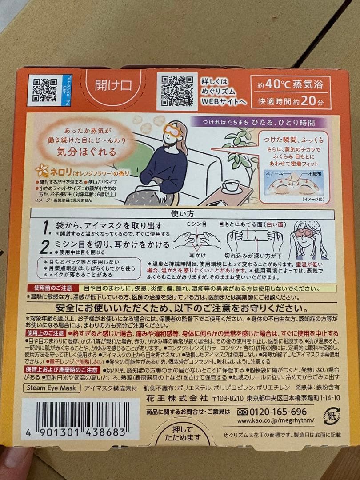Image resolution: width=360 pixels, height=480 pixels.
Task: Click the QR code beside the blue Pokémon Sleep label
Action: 44,90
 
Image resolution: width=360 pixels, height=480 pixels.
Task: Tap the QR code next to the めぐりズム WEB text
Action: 176,90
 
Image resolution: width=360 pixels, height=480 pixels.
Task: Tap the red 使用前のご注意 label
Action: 53,288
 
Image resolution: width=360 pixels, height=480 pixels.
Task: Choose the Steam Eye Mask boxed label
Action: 52,388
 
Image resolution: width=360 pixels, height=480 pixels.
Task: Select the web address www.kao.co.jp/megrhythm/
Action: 276,420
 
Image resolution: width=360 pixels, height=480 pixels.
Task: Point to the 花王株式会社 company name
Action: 179,398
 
